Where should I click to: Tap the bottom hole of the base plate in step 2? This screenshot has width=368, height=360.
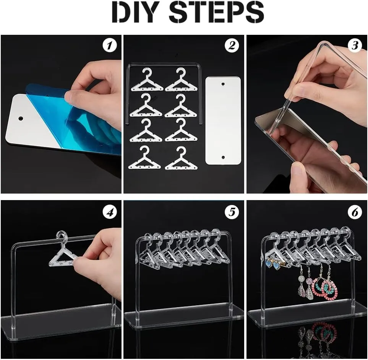pyautogui.click(x=223, y=157)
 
